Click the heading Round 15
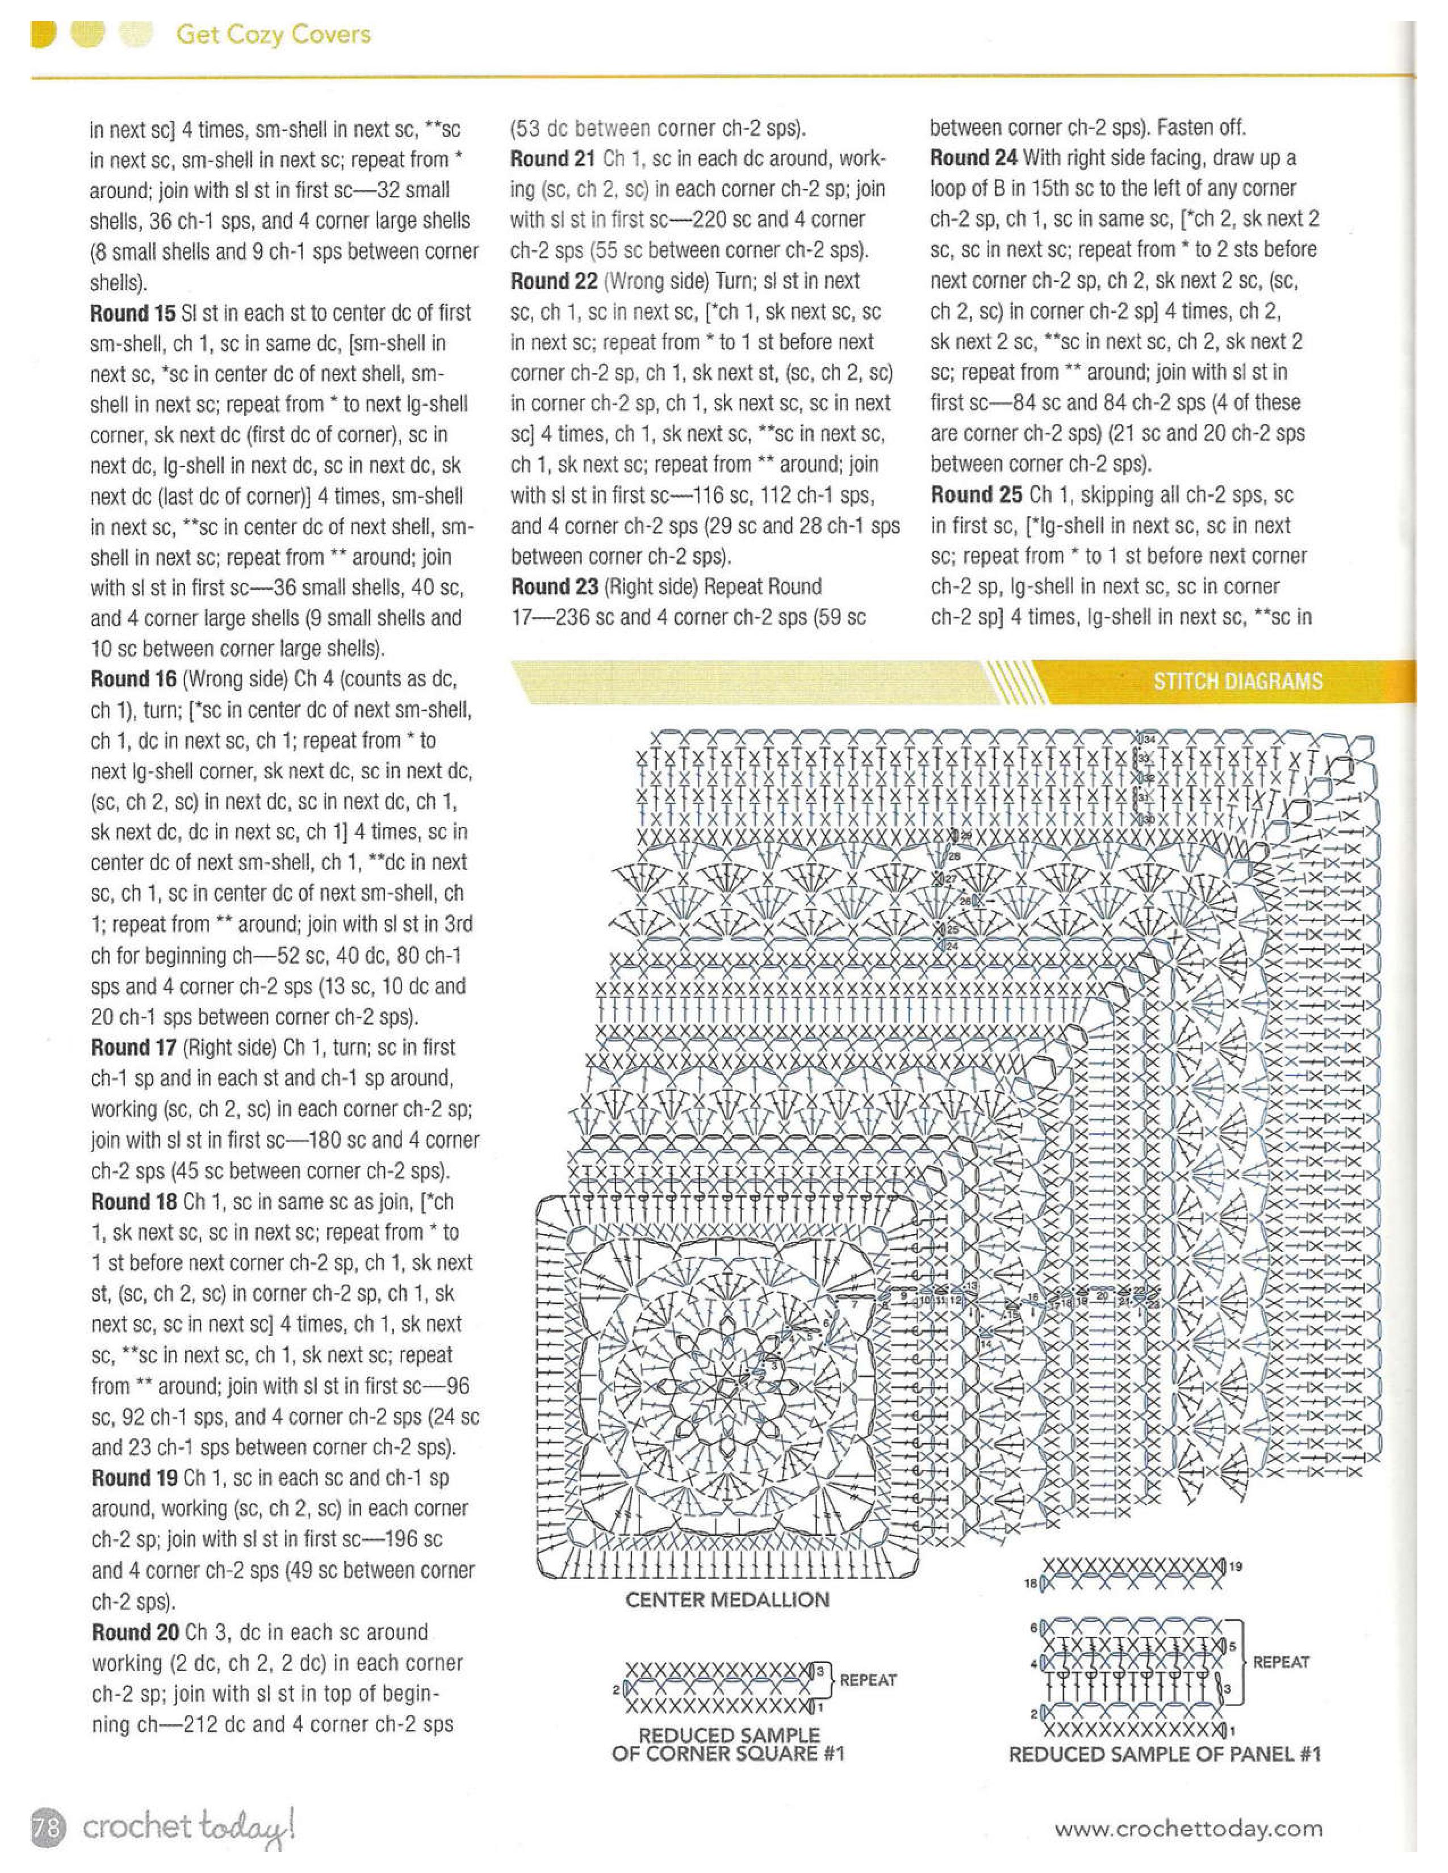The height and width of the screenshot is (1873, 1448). click(x=133, y=313)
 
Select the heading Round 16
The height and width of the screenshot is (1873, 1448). click(x=133, y=679)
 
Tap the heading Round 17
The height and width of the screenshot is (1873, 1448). click(x=133, y=1047)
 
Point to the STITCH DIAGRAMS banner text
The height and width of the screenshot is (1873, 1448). click(x=1237, y=682)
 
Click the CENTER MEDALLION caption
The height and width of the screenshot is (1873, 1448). click(x=727, y=1599)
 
